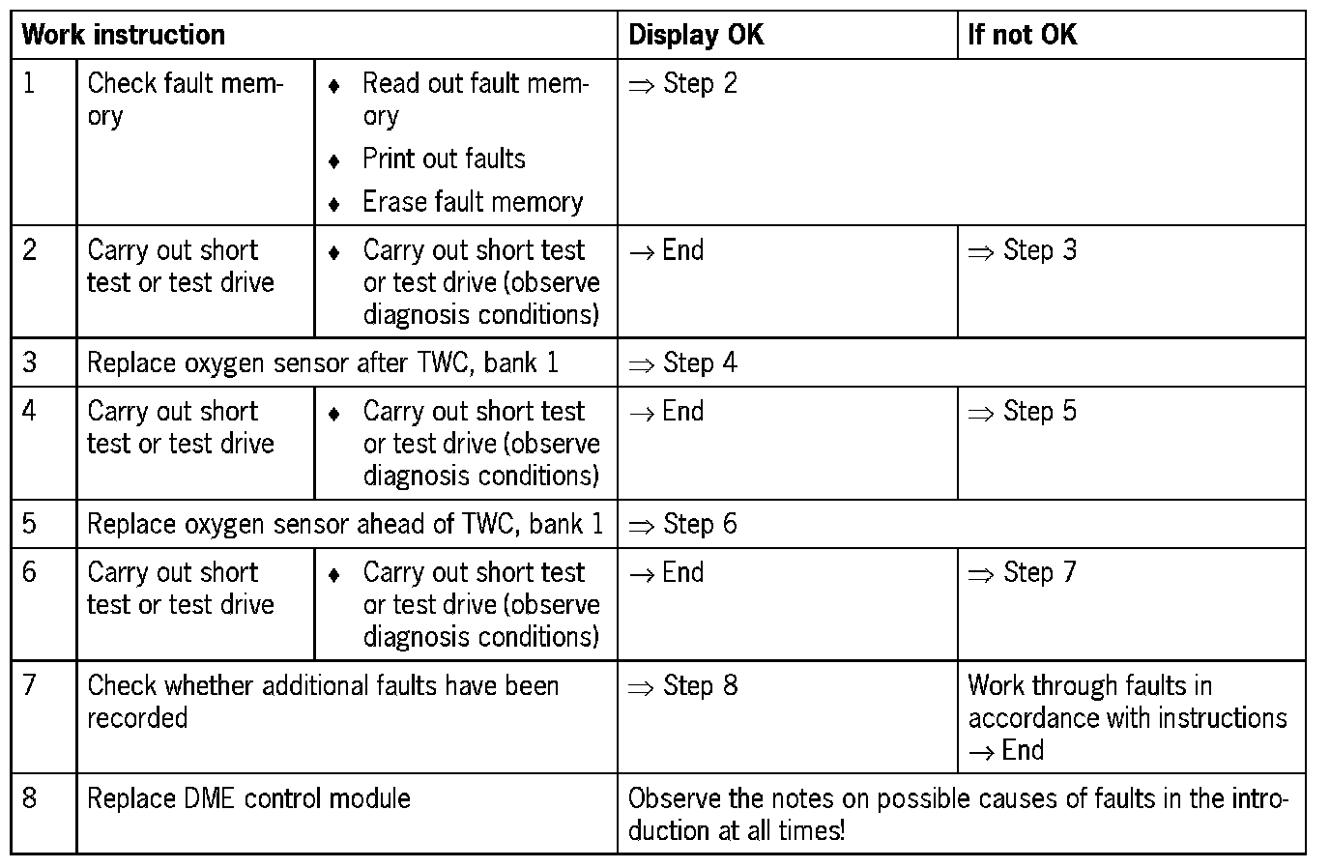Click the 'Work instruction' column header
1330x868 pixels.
123,35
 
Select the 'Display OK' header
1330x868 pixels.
696,35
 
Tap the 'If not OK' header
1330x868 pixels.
1022,35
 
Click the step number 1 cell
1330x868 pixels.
29,84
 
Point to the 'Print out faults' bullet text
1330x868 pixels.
444,159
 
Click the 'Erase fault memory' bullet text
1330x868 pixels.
473,202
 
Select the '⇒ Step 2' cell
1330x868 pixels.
683,84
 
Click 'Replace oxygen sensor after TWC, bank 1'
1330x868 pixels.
323,362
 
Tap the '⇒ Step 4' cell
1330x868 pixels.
683,362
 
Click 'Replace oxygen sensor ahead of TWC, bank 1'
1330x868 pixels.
345,524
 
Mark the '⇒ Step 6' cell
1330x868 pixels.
683,524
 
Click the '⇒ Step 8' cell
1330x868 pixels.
683,685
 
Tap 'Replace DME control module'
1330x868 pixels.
248,798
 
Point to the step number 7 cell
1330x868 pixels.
29,685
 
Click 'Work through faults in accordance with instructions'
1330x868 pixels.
1127,703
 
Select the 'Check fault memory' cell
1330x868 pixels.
184,99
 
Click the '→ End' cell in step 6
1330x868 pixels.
667,572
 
